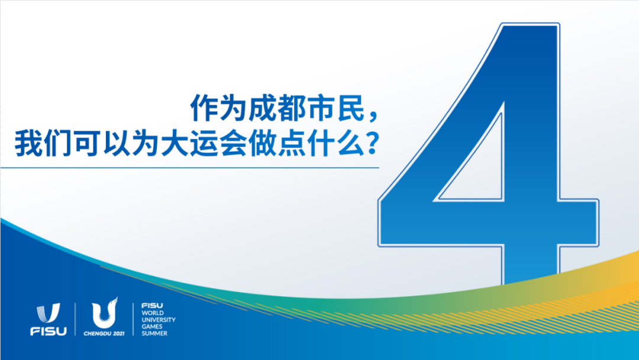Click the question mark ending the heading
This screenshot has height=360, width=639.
pos(372,145)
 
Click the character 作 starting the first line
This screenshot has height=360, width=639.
pos(201,109)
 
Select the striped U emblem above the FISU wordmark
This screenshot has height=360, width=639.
pos(48,313)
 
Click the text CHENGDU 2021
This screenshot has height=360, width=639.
pos(104,333)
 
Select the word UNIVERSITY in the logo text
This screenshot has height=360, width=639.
pos(158,320)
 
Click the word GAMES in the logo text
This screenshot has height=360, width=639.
pos(151,326)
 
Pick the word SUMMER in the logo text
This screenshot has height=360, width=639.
pos(154,333)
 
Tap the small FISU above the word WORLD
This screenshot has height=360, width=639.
pos(149,305)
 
